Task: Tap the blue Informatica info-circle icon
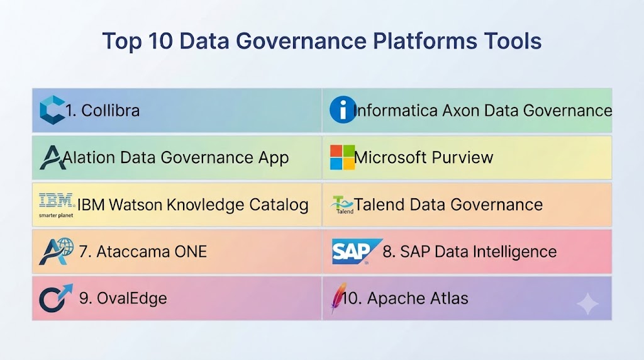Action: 343,110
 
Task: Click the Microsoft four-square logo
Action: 342,157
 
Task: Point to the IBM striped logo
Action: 57,201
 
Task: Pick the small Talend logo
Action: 342,205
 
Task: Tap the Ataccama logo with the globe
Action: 56,251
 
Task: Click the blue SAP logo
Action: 357,251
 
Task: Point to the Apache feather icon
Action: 339,298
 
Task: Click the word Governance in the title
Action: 301,41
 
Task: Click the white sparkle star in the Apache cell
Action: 588,304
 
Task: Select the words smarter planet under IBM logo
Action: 56,215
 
